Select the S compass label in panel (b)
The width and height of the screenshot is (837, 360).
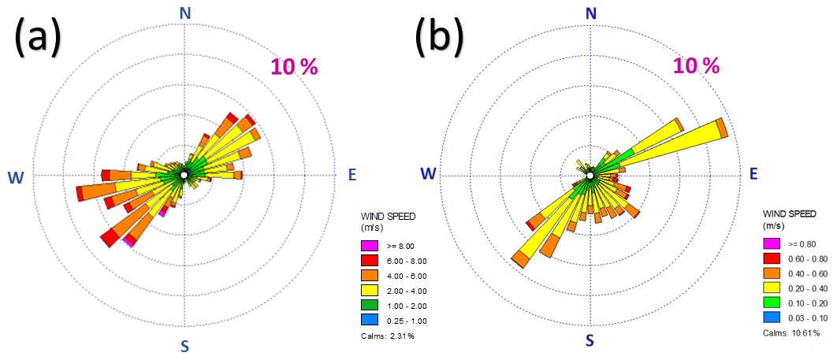pyautogui.click(x=589, y=340)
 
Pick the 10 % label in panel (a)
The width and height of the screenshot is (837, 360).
pyautogui.click(x=294, y=67)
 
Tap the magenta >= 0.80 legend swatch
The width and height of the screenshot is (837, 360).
pyautogui.click(x=772, y=243)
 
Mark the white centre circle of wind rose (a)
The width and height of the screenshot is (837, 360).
pyautogui.click(x=184, y=174)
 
